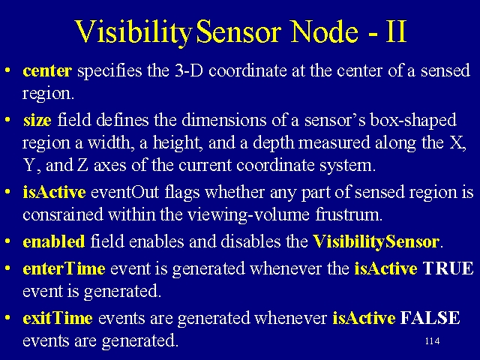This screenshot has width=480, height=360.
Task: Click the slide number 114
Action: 432,341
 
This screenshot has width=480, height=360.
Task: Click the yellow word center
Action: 47,70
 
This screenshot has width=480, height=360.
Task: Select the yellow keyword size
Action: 37,120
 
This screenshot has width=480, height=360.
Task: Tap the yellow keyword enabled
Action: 54,241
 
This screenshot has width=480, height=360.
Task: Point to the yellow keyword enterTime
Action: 64,268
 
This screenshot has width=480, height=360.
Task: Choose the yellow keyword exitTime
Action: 58,318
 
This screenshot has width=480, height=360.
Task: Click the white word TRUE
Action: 448,268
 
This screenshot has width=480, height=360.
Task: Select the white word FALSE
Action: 430,318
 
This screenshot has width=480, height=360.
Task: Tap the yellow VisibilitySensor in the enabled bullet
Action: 376,241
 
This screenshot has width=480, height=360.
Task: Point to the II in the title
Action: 396,31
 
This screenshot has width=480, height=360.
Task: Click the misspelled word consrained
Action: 63,214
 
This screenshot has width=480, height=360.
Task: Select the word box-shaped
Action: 413,120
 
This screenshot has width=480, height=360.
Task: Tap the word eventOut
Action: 125,192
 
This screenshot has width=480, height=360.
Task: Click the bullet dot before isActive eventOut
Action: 8,192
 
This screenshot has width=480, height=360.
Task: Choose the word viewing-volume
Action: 248,215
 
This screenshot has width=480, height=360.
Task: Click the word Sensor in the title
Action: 238,31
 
